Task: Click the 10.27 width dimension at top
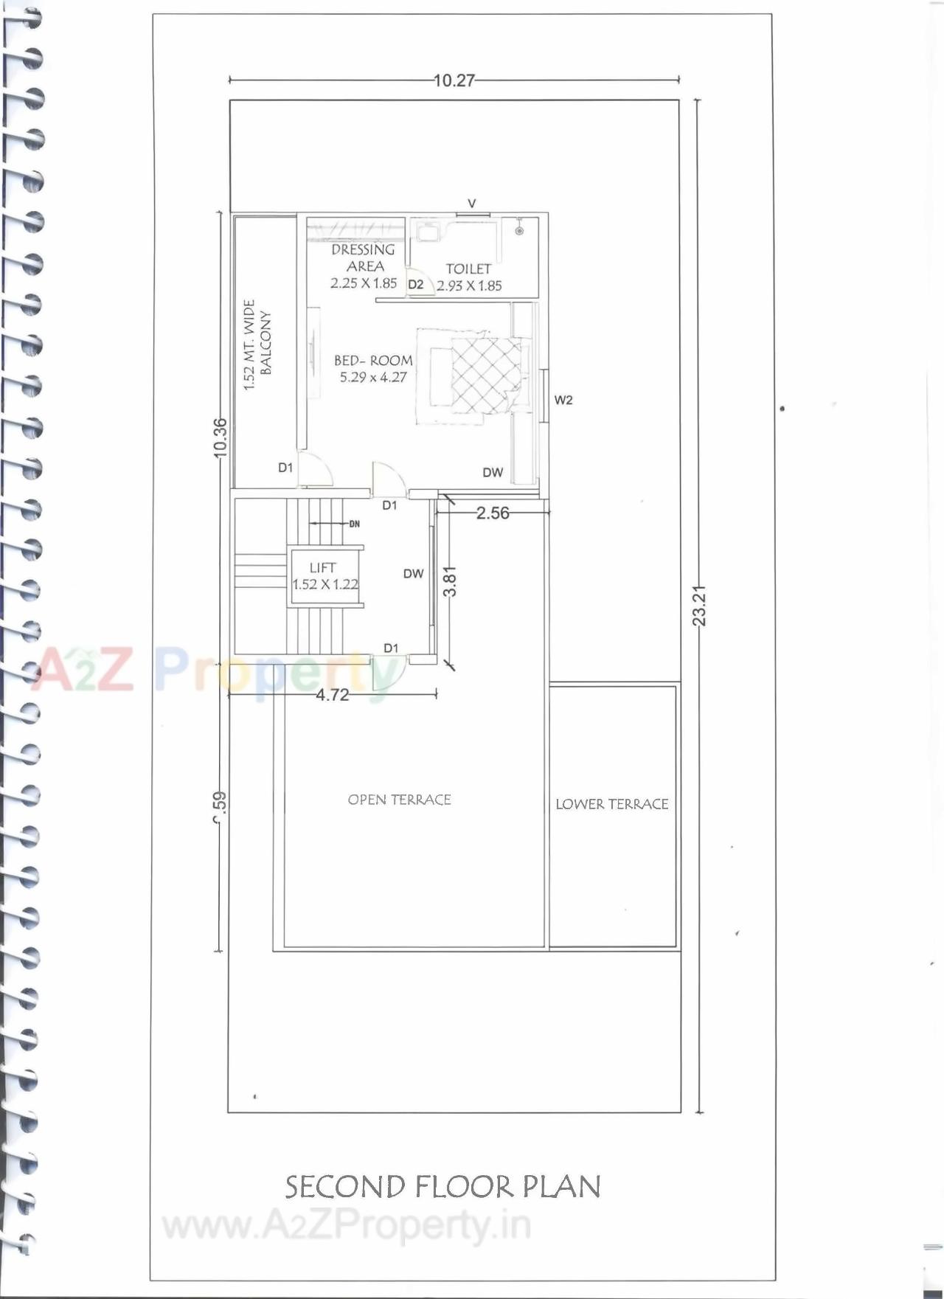click(x=454, y=80)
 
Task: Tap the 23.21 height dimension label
click(x=699, y=606)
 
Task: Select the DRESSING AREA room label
click(x=364, y=266)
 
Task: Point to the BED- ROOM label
click(x=373, y=368)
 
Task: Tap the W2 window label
click(x=563, y=400)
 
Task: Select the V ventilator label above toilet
click(x=472, y=204)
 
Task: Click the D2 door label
click(x=416, y=284)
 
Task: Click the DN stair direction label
click(x=355, y=524)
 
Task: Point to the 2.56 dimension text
click(x=493, y=513)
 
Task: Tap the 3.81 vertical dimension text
click(x=450, y=581)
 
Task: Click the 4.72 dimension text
click(x=333, y=694)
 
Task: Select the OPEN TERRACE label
click(x=399, y=800)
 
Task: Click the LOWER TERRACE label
click(x=612, y=804)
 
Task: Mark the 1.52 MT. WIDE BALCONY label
click(x=257, y=344)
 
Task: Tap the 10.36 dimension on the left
click(x=220, y=438)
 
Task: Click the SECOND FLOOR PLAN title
click(x=442, y=1187)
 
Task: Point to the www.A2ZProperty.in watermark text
click(x=347, y=1225)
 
